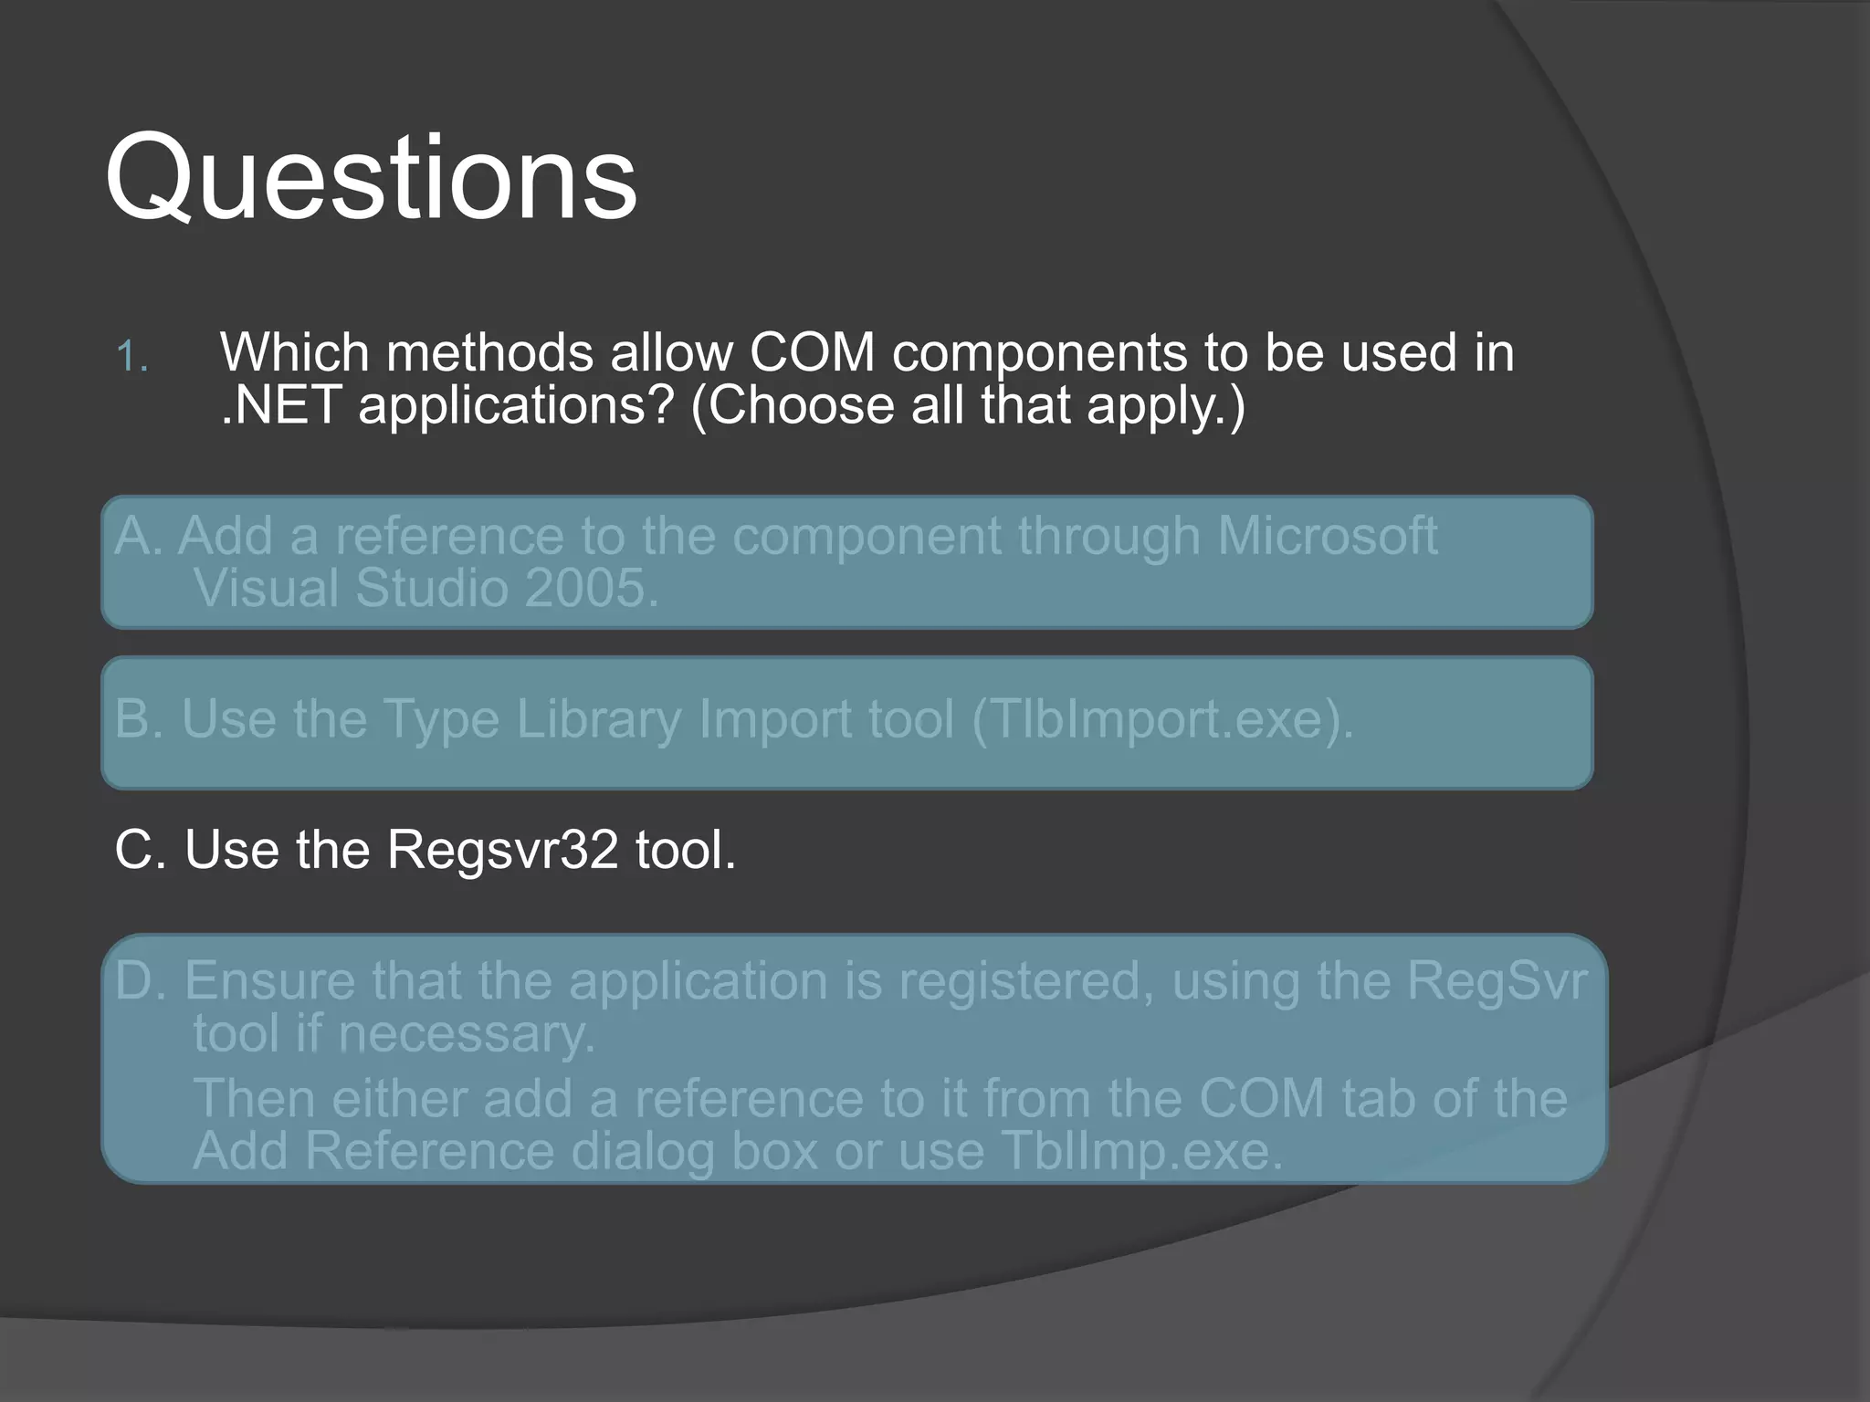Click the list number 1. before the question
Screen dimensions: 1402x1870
[132, 356]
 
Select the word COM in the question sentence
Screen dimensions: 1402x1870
[812, 352]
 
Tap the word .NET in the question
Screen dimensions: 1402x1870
[281, 405]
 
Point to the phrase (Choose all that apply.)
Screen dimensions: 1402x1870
[967, 405]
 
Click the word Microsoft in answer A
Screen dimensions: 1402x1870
[1327, 536]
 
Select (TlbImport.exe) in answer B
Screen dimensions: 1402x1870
[1161, 719]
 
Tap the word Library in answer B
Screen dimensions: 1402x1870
[598, 719]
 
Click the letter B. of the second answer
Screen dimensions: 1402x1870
[139, 719]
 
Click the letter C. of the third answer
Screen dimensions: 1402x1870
[140, 850]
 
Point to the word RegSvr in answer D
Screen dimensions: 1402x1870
[1497, 980]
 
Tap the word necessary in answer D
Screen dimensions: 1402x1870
[466, 1035]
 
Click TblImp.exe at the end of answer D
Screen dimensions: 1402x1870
[1141, 1151]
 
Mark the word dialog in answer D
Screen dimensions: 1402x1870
[643, 1151]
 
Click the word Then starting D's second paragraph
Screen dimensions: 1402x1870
[254, 1098]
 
